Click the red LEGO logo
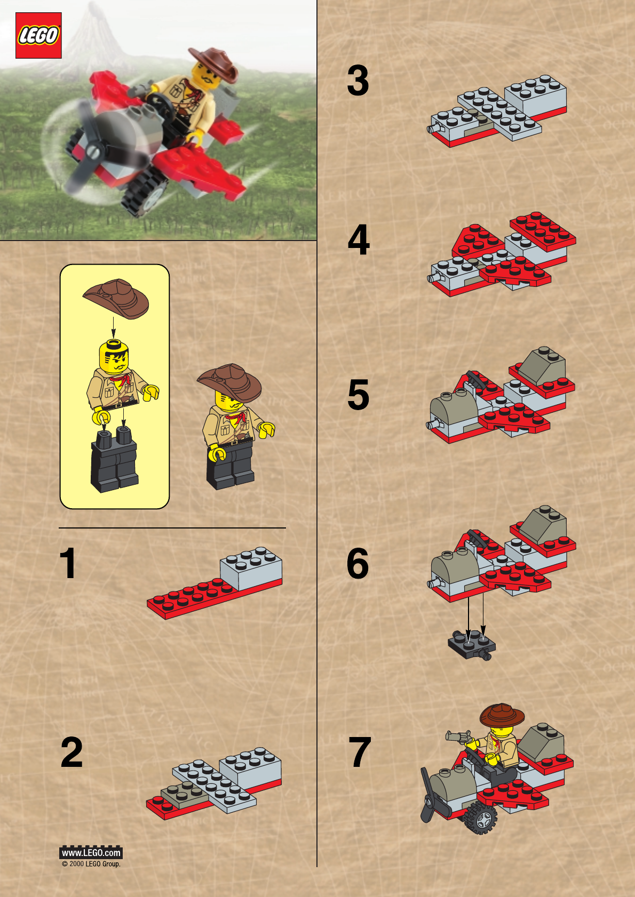tap(38, 35)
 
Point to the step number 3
tap(358, 81)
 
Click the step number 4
tap(359, 239)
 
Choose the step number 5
tap(358, 395)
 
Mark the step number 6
tap(358, 563)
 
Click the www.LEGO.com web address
tap(91, 853)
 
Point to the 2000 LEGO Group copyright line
tap(91, 864)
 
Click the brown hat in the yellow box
tap(116, 298)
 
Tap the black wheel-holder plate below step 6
tap(472, 644)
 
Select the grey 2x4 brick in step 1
tap(251, 569)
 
